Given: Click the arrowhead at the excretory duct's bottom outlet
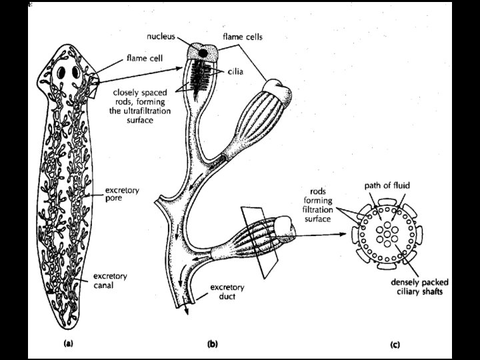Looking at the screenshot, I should pyautogui.click(x=187, y=311).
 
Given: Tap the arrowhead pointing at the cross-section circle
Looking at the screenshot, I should pyautogui.click(x=351, y=235).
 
